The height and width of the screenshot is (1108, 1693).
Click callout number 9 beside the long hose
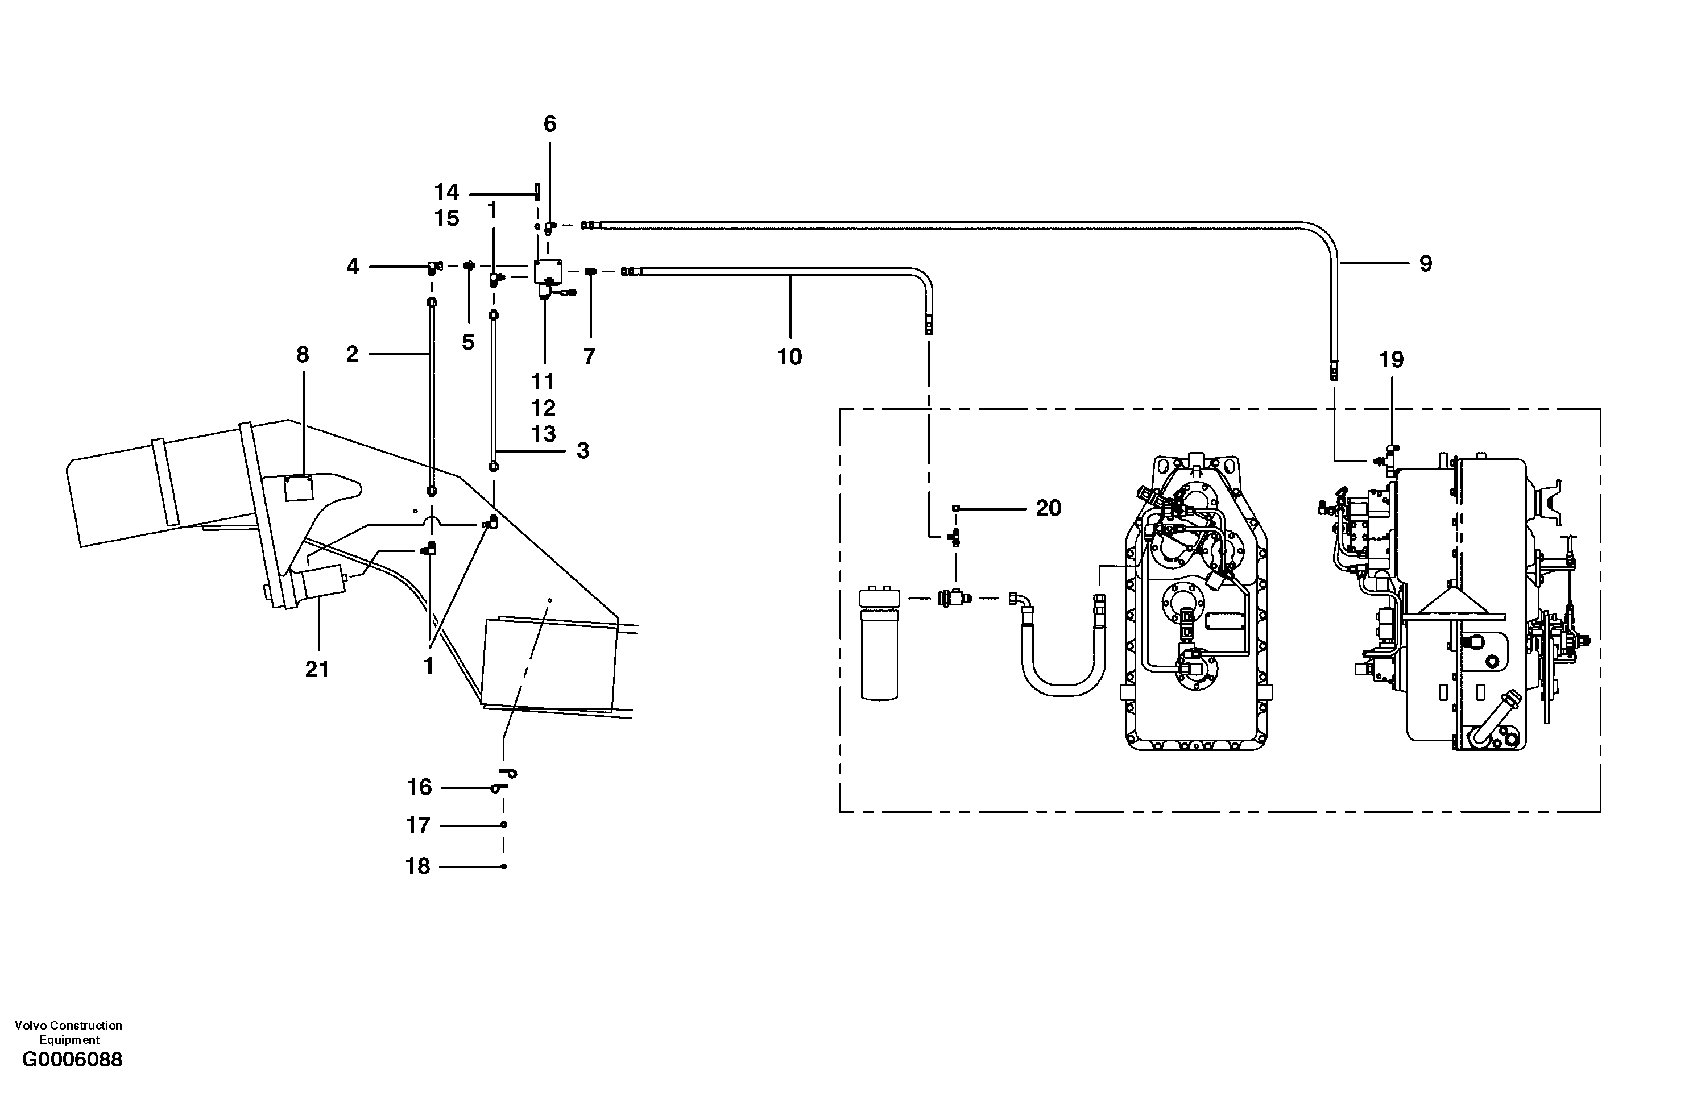(x=1426, y=264)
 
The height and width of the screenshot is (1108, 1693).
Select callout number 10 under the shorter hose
(x=789, y=356)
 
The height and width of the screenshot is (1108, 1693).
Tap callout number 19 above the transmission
(x=1392, y=360)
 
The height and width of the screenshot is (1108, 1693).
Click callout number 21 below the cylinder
(x=317, y=669)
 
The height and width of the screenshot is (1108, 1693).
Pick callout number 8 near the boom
(x=303, y=355)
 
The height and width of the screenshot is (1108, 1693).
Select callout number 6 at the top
(x=550, y=124)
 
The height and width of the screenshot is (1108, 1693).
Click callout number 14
(x=447, y=192)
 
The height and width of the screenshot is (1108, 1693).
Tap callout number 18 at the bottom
(x=418, y=866)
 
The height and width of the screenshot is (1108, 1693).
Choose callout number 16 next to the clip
(x=419, y=787)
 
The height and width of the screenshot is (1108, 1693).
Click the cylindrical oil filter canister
(x=879, y=651)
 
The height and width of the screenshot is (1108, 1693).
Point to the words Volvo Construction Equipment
(x=68, y=1032)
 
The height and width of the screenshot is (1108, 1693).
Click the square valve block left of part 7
(x=548, y=271)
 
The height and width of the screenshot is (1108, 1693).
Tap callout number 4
(x=353, y=267)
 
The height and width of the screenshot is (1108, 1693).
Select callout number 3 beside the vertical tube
(x=583, y=450)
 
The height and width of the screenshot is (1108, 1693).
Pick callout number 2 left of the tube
(x=352, y=354)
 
